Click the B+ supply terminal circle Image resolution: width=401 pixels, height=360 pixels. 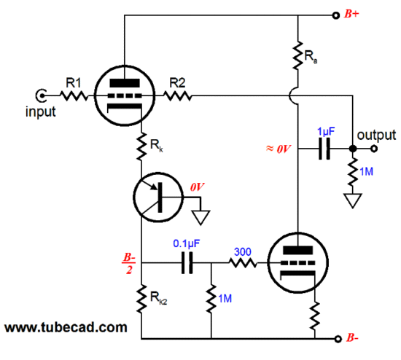point(336,15)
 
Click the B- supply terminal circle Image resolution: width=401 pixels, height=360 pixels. point(338,339)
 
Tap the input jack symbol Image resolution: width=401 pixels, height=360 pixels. point(41,96)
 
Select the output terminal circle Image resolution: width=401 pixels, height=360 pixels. point(374,149)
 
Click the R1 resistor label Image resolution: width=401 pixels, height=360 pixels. point(74,83)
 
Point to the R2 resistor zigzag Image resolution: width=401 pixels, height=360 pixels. point(177,96)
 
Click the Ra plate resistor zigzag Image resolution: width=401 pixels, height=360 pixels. point(298,55)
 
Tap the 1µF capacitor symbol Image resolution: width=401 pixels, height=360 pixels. point(324,149)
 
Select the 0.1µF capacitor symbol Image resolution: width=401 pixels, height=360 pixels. point(187,263)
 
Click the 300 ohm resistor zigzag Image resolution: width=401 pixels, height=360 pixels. point(243,263)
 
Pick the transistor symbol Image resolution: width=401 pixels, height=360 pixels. point(158,197)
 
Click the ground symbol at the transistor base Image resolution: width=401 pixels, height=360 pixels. point(200,217)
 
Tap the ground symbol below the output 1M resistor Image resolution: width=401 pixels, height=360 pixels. point(353,200)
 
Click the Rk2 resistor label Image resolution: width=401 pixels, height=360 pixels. point(158,298)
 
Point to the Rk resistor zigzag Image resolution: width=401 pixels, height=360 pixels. point(141,146)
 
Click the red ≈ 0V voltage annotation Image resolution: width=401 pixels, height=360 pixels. point(279,149)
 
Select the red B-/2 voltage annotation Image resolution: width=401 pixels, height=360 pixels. point(128,263)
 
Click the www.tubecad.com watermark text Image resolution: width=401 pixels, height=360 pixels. point(66,327)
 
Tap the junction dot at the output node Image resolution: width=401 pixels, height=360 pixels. point(353,149)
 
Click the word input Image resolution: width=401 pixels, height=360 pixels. point(41,112)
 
